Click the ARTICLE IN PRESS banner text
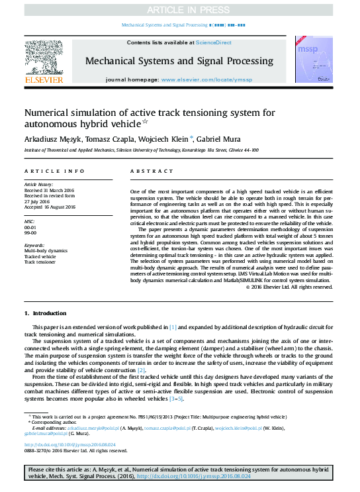click(x=180, y=9)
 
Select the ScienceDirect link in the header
click(x=213, y=42)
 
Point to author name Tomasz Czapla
click(x=100, y=138)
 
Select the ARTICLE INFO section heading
click(x=54, y=172)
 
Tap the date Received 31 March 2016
click(x=50, y=190)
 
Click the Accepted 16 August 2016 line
click(x=50, y=207)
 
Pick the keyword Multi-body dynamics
click(x=46, y=251)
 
